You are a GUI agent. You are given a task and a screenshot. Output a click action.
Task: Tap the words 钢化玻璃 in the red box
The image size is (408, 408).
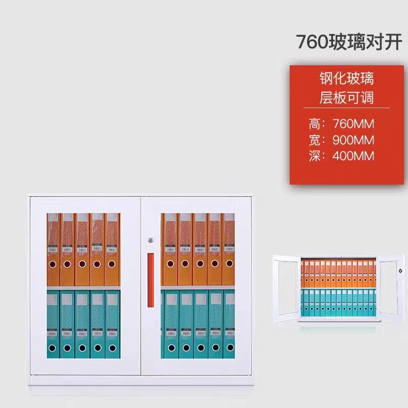click(347, 79)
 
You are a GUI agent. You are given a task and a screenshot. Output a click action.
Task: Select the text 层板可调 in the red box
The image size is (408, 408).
click(347, 97)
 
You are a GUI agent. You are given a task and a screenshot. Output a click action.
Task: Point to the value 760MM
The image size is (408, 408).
click(353, 123)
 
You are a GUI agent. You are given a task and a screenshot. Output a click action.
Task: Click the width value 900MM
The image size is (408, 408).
click(353, 140)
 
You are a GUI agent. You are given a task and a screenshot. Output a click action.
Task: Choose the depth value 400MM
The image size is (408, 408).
click(353, 156)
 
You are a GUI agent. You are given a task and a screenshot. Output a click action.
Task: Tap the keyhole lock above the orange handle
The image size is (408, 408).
click(150, 240)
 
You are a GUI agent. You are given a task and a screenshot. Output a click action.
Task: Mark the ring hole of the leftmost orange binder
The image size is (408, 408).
click(53, 266)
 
